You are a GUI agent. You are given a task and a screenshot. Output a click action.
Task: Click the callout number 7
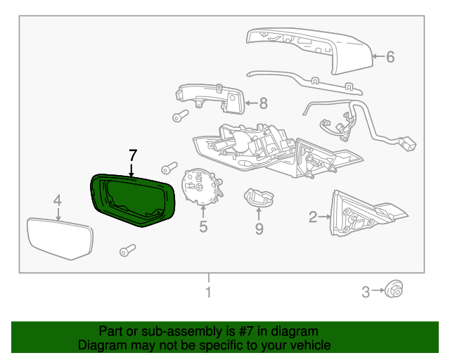click(132, 155)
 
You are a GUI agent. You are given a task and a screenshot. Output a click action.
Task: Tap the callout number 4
click(58, 201)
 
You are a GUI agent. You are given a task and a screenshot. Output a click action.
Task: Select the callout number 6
click(390, 57)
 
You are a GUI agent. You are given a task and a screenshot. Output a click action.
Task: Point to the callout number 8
click(263, 103)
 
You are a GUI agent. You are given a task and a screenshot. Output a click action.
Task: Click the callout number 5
click(203, 226)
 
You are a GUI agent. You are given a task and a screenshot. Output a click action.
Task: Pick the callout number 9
click(259, 228)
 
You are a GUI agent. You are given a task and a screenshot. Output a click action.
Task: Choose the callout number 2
click(313, 217)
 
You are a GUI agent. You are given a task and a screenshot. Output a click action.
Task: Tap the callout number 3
click(366, 292)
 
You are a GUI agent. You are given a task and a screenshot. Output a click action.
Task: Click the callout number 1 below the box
click(207, 292)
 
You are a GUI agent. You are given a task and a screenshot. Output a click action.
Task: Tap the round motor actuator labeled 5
click(200, 187)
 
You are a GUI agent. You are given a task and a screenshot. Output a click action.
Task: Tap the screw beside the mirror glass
click(127, 249)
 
